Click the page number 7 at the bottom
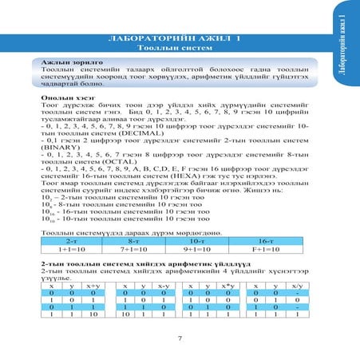[180, 338]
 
